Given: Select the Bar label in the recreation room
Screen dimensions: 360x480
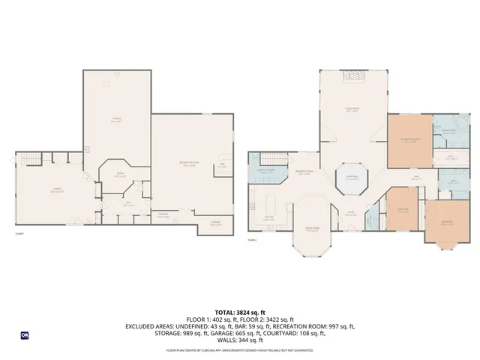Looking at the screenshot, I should pyautogui.click(x=222, y=166).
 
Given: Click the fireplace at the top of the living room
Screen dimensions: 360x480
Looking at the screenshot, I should pyautogui.click(x=353, y=77).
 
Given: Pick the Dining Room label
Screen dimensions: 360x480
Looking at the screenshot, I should pyautogui.click(x=312, y=229).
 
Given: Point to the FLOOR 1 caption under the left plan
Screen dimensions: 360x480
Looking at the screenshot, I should pyautogui.click(x=20, y=235).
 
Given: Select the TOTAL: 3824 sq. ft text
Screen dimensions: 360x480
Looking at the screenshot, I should pyautogui.click(x=240, y=311).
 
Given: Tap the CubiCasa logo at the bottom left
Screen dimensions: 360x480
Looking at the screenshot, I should pyautogui.click(x=25, y=335).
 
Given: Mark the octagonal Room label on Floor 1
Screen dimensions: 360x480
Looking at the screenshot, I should pyautogui.click(x=118, y=175).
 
